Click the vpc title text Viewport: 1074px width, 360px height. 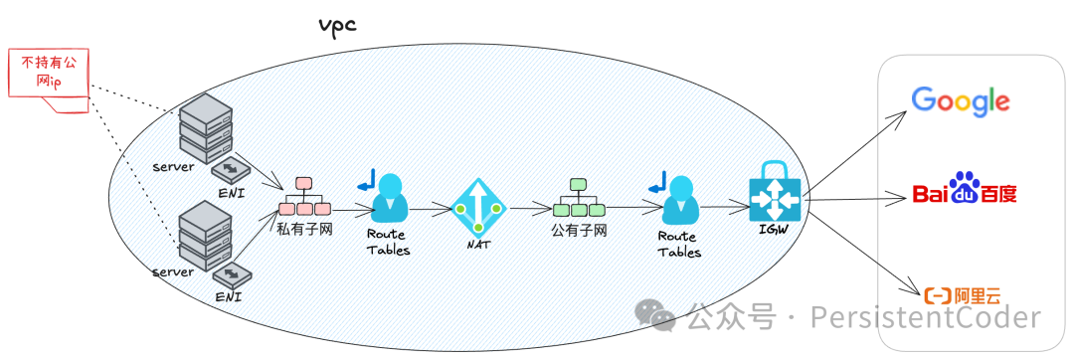pyautogui.click(x=335, y=25)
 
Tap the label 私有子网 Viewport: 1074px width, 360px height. pyautogui.click(x=304, y=229)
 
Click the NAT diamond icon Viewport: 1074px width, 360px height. pyautogui.click(x=478, y=207)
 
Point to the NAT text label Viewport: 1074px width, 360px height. pyautogui.click(x=478, y=245)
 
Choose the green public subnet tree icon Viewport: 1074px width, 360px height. pyautogui.click(x=578, y=199)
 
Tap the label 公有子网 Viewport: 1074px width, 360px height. pyautogui.click(x=579, y=230)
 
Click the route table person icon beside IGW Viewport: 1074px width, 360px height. pyautogui.click(x=679, y=199)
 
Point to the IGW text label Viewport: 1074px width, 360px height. pyautogui.click(x=776, y=232)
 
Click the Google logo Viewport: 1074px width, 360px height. pyautogui.click(x=961, y=100)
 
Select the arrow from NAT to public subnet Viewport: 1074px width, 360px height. pyautogui.click(x=529, y=209)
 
